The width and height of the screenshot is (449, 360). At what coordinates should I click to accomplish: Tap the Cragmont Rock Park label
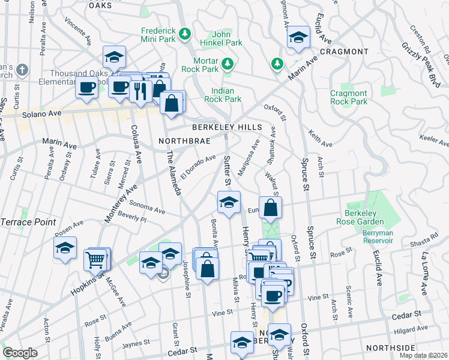click(x=348, y=97)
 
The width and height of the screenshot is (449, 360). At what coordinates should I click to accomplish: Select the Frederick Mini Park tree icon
click(x=186, y=32)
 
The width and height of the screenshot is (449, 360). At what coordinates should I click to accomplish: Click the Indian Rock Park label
click(x=223, y=95)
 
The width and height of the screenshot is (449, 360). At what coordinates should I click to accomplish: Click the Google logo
click(x=20, y=353)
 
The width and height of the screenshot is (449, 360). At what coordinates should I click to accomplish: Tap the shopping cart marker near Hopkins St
click(x=95, y=260)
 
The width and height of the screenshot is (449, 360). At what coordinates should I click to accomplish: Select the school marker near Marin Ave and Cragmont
click(x=298, y=37)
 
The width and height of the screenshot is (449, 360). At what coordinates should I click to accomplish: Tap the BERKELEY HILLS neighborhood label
click(x=227, y=128)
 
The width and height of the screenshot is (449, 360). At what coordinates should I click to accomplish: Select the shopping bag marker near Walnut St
click(x=271, y=208)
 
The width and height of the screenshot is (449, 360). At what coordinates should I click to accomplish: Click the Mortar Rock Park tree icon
click(x=228, y=63)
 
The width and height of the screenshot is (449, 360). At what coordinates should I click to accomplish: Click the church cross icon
click(x=22, y=70)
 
